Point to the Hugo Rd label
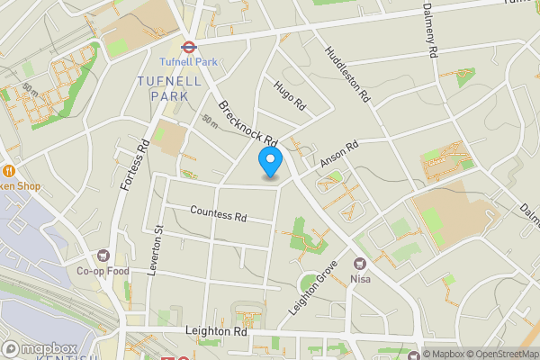(290, 94)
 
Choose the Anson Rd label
(341, 152)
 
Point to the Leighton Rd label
(216, 331)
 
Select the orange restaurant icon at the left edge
(7, 170)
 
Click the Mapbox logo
(39, 348)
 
